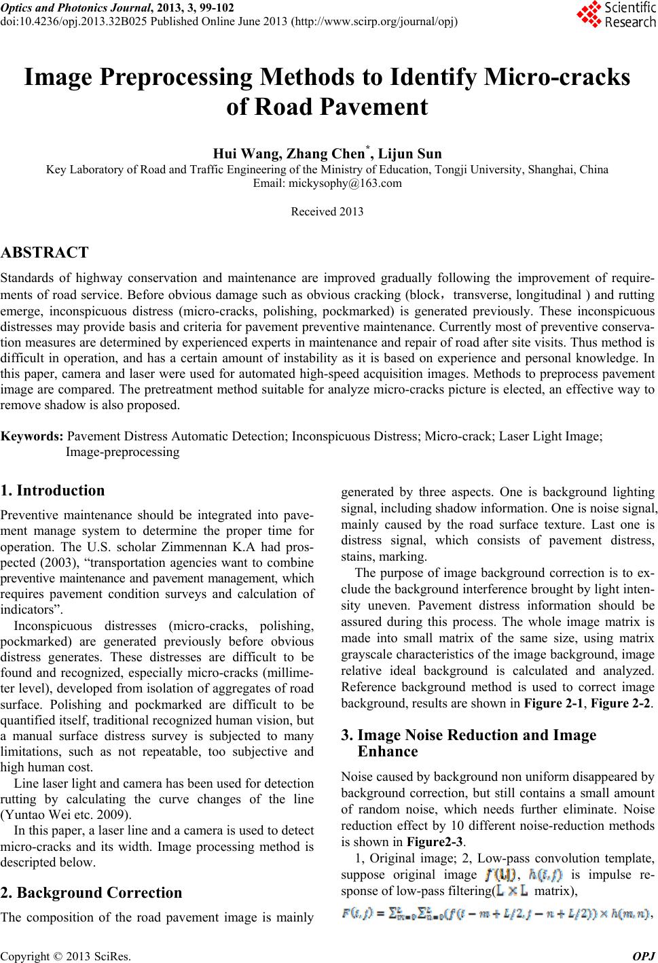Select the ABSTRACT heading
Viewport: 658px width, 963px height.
tap(45, 253)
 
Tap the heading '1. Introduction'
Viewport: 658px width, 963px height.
tap(53, 491)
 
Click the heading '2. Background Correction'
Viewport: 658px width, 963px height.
tap(92, 892)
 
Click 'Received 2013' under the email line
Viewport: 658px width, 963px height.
tap(327, 211)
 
